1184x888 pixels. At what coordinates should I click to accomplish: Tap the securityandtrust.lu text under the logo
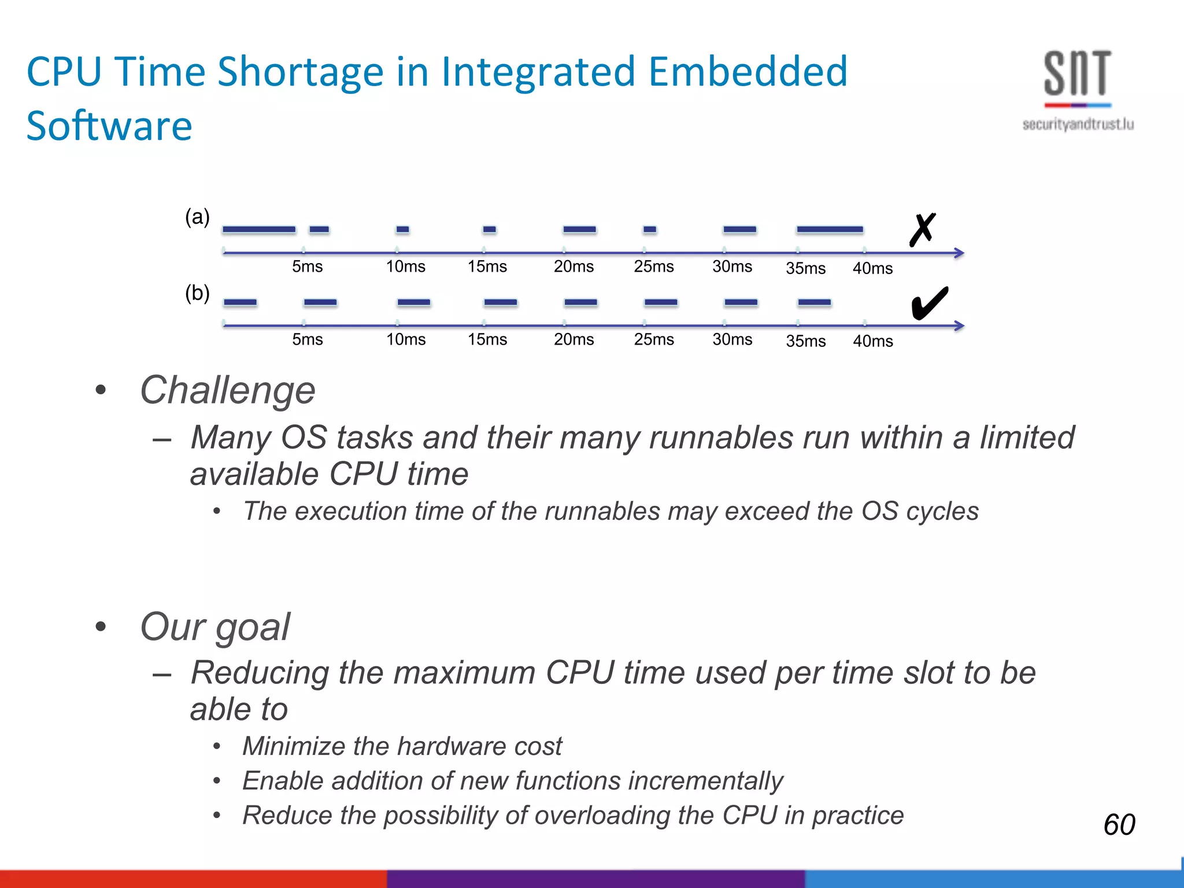(1078, 124)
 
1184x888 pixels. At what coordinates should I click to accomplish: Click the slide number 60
(1119, 824)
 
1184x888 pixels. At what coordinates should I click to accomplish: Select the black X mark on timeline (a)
(922, 230)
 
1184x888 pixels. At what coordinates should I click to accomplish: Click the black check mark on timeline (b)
(929, 303)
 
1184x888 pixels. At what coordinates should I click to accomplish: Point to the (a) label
(197, 217)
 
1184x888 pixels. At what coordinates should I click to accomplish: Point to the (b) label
(197, 293)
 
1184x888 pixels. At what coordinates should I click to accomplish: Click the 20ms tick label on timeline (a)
(573, 267)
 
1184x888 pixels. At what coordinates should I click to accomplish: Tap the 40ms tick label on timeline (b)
(872, 341)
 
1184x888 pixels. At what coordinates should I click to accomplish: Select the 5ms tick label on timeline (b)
(307, 339)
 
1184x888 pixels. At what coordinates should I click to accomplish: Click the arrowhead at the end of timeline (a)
(959, 253)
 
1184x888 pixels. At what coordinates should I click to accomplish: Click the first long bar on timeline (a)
(259, 230)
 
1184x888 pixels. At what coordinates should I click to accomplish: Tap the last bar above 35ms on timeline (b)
(814, 302)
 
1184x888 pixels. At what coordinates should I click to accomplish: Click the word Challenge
(228, 390)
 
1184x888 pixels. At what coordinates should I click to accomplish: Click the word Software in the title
(109, 126)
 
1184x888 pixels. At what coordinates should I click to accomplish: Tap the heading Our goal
(214, 627)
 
